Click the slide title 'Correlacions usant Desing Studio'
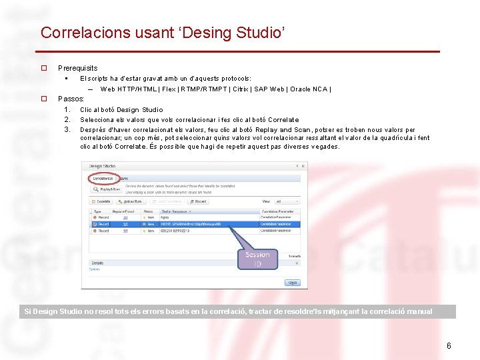(163, 33)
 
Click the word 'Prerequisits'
(77, 68)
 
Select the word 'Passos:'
(71, 99)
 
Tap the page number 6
(449, 345)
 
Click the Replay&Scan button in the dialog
(107, 189)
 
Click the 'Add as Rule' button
(131, 201)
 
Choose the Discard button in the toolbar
(199, 201)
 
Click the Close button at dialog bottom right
(292, 283)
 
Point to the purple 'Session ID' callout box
(257, 259)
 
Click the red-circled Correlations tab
(103, 178)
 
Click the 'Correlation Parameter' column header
(277, 212)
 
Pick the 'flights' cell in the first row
(166, 217)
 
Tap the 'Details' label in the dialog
(97, 263)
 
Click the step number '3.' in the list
(67, 129)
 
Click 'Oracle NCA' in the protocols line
(309, 89)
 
